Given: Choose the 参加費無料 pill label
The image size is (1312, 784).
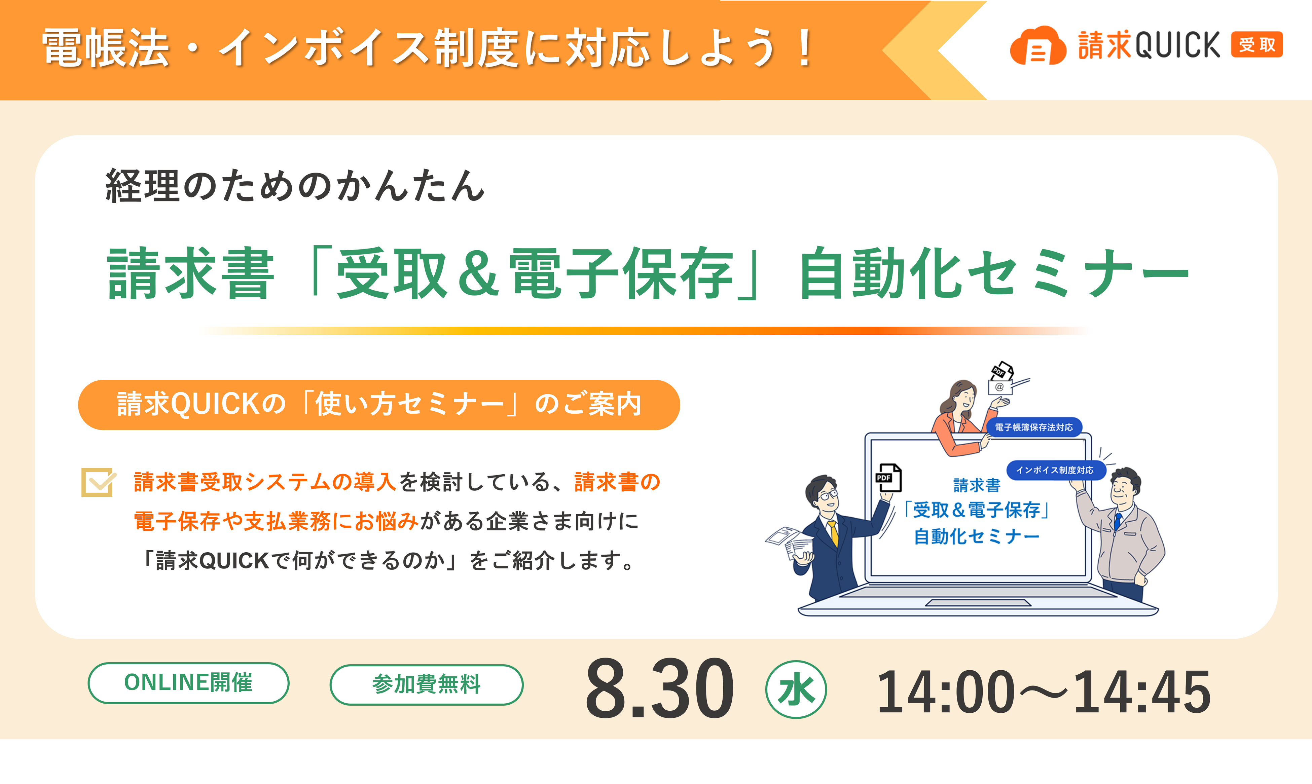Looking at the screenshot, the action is pyautogui.click(x=427, y=685).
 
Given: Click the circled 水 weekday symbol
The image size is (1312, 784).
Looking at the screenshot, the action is pyautogui.click(x=796, y=689).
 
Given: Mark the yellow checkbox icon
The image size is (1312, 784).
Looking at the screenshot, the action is pyautogui.click(x=98, y=482).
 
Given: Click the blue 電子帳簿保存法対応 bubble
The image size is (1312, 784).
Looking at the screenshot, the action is pyautogui.click(x=1034, y=427).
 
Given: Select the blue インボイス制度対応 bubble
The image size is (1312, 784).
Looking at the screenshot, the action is pyautogui.click(x=1055, y=470).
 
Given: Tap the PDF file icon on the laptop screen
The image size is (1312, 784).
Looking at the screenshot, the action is pyautogui.click(x=889, y=478).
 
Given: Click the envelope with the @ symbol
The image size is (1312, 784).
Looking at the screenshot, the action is pyautogui.click(x=1000, y=387).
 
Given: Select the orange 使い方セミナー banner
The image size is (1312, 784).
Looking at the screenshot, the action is pyautogui.click(x=379, y=405).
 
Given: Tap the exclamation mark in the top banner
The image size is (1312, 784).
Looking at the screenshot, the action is pyautogui.click(x=805, y=47).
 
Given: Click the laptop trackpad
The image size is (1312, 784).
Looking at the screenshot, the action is pyautogui.click(x=978, y=603).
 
